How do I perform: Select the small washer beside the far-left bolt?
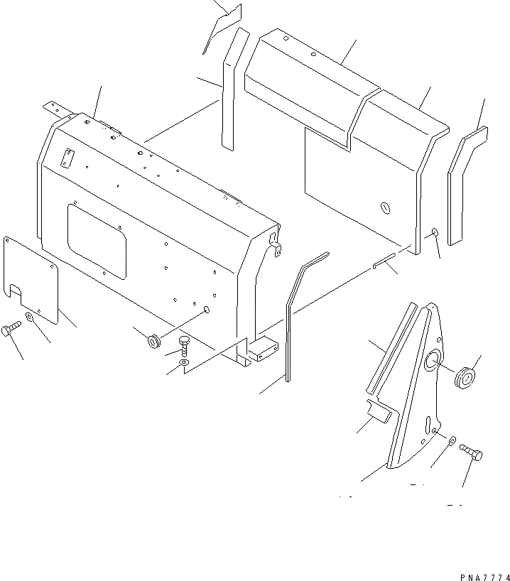pos(28,317)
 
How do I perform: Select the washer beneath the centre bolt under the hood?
pos(184,363)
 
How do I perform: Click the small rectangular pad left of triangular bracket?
pos(377,411)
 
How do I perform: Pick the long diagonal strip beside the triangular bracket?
pos(389,348)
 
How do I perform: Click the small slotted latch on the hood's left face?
pos(67,159)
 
